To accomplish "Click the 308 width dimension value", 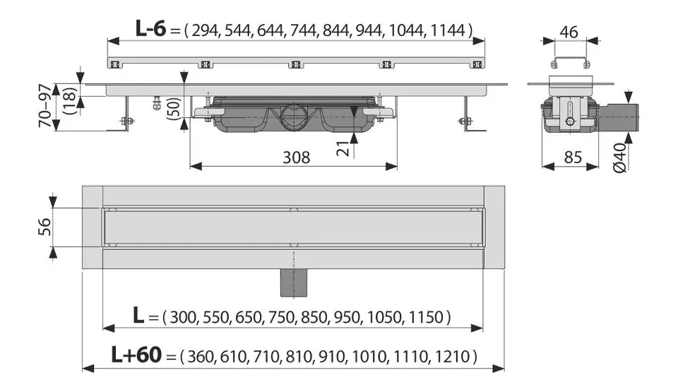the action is [296, 158].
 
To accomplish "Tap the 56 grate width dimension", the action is [45, 227].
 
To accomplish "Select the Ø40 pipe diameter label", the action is [619, 158].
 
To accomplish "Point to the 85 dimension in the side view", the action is [573, 158].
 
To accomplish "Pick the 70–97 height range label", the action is [46, 106].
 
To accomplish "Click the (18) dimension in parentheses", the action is [70, 101].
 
